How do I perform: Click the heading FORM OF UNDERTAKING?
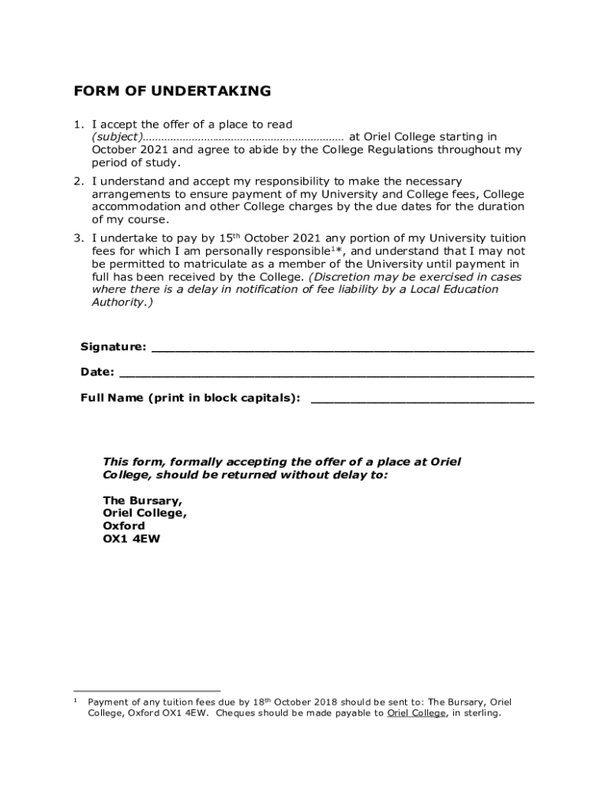(x=172, y=92)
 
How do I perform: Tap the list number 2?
(x=78, y=181)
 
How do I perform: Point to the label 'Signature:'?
(x=113, y=347)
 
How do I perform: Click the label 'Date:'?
(x=97, y=372)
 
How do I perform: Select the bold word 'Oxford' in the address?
(x=124, y=526)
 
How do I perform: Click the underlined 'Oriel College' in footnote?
(x=416, y=713)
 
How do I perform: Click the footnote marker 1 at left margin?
(x=75, y=700)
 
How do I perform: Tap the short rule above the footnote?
(x=147, y=691)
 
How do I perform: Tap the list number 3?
(x=78, y=238)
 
